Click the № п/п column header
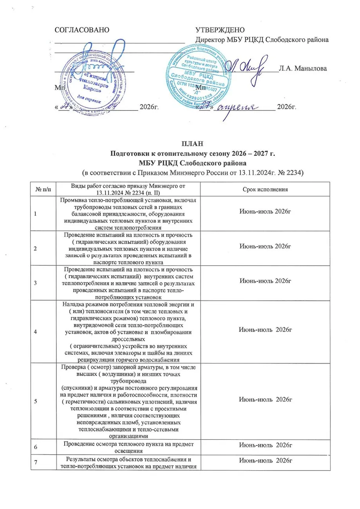click(x=43, y=190)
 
